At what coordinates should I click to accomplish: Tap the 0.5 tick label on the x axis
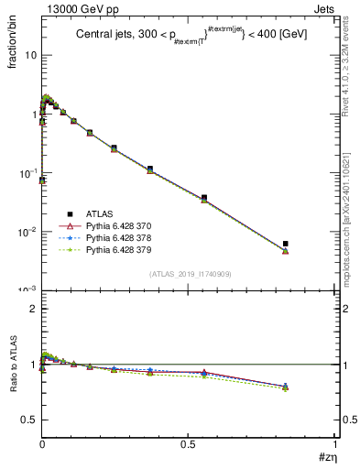pos(189,444)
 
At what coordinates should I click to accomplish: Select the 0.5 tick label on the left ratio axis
pos(29,420)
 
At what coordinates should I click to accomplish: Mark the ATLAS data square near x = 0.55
pos(204,197)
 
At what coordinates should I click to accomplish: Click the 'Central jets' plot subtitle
pos(103,35)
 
